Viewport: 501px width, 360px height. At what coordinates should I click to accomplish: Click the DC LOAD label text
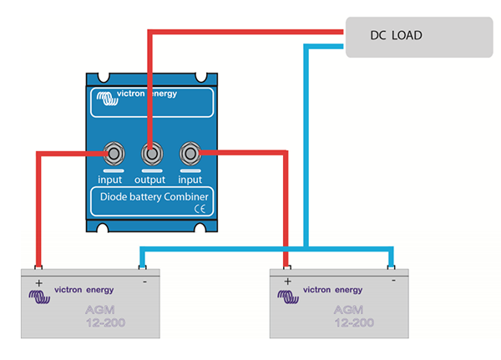tap(396, 35)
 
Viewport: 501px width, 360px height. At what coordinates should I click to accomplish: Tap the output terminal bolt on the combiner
tap(151, 154)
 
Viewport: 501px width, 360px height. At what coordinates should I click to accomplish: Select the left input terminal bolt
tap(112, 154)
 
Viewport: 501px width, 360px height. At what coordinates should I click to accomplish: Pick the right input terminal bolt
tap(190, 154)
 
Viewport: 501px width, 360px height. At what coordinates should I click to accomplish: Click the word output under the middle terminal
tap(151, 179)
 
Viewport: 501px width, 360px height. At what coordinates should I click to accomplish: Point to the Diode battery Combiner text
tap(150, 197)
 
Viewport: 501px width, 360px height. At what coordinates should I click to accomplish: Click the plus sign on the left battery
tap(38, 282)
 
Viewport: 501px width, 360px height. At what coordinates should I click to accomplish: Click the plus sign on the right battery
tap(287, 282)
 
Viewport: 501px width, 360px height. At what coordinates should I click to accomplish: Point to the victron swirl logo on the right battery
tap(291, 295)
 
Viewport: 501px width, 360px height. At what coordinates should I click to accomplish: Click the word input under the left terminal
tap(111, 179)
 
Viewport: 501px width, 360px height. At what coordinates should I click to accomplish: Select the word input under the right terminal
tap(190, 179)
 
